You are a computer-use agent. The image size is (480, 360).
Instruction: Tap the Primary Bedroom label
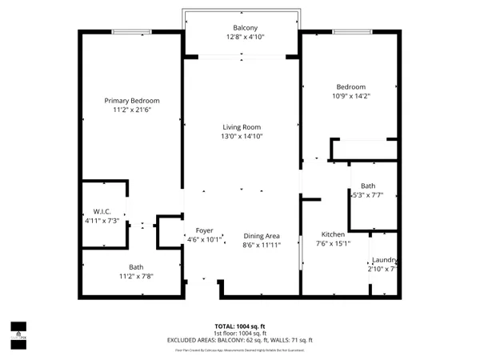pos(132,100)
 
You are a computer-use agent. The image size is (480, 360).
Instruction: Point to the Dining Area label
pos(261,235)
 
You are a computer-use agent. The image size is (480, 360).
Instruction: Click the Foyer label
pos(204,230)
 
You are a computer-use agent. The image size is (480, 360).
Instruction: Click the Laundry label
pos(385,260)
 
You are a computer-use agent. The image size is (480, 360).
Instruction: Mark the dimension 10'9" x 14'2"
pos(350,96)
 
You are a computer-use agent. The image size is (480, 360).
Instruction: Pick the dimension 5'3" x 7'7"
pos(368,194)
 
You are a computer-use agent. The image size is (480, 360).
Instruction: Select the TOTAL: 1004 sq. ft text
pos(240,326)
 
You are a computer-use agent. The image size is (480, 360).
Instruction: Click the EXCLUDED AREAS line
pos(240,340)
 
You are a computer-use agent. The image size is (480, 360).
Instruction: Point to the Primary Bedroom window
pos(131,32)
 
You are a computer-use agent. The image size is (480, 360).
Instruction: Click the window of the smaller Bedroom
pos(350,32)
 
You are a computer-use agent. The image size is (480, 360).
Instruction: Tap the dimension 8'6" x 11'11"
pos(261,245)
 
